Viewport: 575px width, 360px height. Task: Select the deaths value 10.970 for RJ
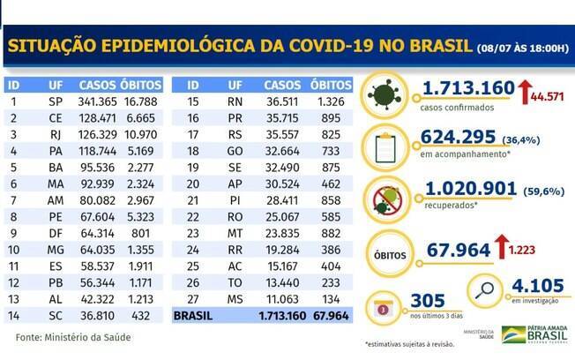[144, 135]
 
